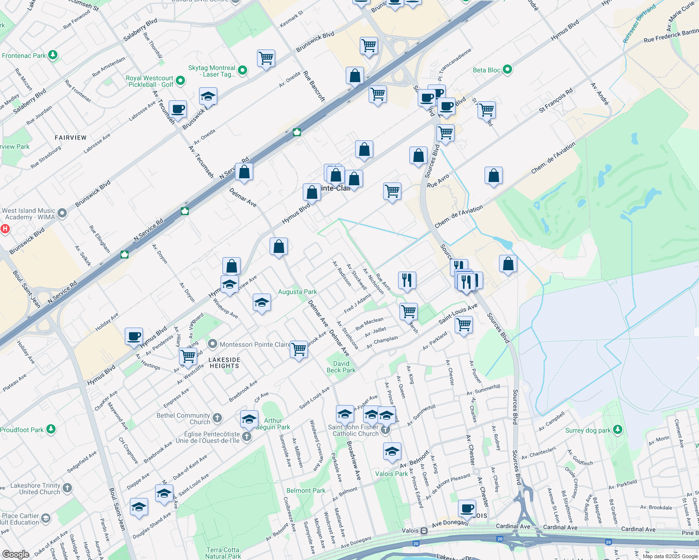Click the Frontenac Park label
coord(24,56)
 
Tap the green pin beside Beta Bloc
coord(507,70)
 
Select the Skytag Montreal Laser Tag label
coord(212,71)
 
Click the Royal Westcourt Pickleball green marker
coord(180,81)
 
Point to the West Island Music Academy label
coord(29,214)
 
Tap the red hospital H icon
coord(5,229)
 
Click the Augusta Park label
coord(297,292)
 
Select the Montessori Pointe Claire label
coord(255,344)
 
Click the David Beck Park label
coord(341,367)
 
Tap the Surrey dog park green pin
coord(618,429)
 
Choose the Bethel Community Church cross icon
coord(217,418)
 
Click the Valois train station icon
coord(424,531)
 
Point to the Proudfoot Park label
coord(22,430)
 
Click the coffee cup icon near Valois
coord(467,508)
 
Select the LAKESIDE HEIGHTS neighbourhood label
coord(224,363)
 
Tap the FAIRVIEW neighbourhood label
coord(71,138)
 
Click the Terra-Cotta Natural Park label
coord(223,553)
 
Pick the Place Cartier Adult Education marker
coord(46,518)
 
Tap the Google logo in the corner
coord(15,554)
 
